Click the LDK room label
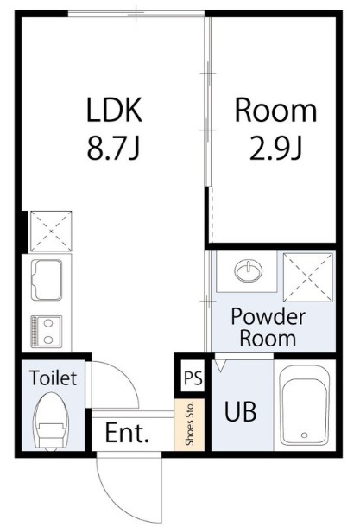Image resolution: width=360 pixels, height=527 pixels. click(x=115, y=110)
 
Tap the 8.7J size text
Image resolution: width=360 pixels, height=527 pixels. click(x=113, y=148)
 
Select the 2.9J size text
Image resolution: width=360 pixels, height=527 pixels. click(x=275, y=148)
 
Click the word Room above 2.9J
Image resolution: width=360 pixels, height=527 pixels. click(x=275, y=110)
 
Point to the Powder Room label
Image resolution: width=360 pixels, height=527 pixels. click(x=268, y=327)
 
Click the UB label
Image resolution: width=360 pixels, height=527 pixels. click(x=241, y=411)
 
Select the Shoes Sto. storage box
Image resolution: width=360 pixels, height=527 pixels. click(x=190, y=424)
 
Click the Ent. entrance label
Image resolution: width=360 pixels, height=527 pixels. click(x=127, y=433)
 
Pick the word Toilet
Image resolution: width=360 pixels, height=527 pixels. click(x=53, y=378)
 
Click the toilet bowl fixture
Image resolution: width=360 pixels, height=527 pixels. click(x=52, y=421)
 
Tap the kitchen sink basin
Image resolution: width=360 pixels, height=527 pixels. click(x=47, y=280)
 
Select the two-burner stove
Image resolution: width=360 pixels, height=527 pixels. click(x=47, y=332)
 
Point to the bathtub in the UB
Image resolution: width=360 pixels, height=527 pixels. click(x=305, y=405)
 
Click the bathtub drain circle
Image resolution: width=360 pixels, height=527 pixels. click(x=304, y=435)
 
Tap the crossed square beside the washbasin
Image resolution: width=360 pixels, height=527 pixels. click(x=308, y=277)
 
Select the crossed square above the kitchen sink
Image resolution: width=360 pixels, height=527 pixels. click(x=51, y=232)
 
